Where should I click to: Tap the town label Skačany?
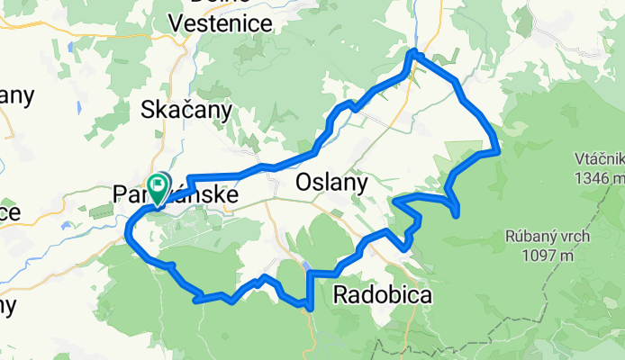coord(186,110)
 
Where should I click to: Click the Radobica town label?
coord(382,294)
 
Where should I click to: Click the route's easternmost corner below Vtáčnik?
coord(498,150)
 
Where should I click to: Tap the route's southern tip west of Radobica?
coord(310,307)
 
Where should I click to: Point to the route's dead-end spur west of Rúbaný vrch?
coord(459,213)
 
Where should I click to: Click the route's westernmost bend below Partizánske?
coord(126,236)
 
